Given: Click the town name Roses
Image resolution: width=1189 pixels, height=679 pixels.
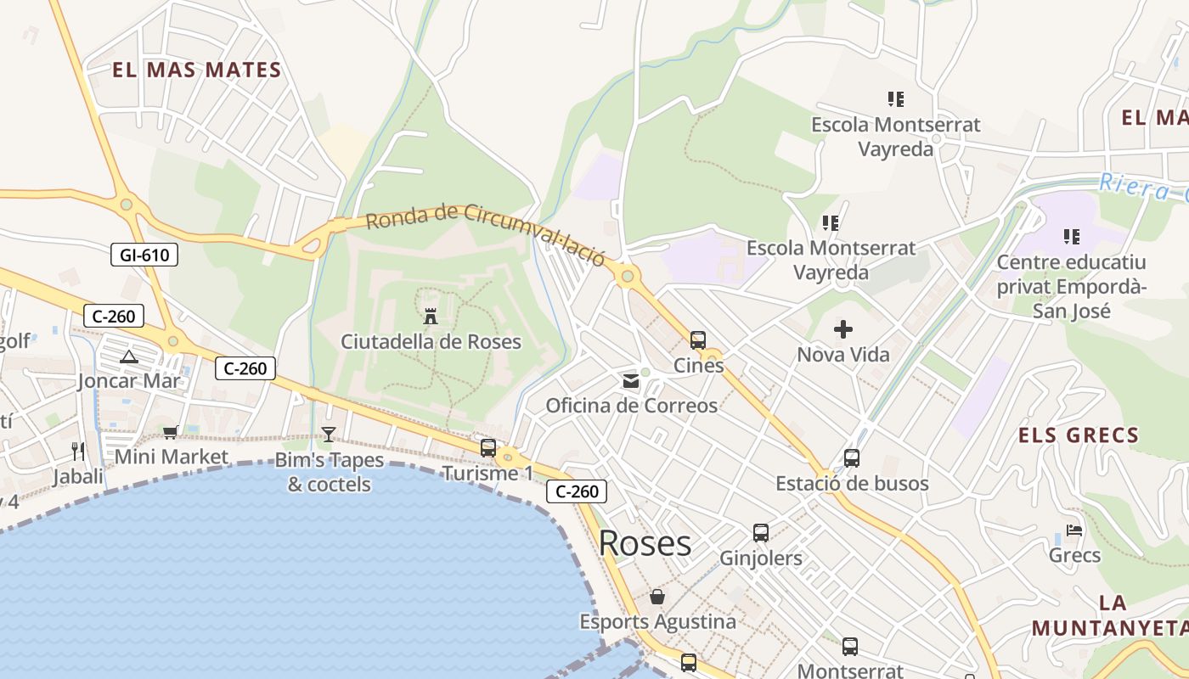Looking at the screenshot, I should coord(645,543).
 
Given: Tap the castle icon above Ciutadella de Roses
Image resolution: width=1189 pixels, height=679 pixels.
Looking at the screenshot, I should coord(431,316).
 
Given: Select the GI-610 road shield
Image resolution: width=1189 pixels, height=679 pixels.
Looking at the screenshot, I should coord(144,254).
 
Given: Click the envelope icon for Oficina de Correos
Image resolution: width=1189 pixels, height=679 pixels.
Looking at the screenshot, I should coord(631,381).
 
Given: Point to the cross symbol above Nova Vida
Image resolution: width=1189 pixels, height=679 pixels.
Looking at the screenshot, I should coord(843,329).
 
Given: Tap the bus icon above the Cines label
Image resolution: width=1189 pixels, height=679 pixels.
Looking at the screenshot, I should coord(698,340).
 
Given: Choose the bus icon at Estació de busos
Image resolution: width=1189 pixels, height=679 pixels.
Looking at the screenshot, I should coord(852,458).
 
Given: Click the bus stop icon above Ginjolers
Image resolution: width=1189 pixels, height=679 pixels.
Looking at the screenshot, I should coord(761,533).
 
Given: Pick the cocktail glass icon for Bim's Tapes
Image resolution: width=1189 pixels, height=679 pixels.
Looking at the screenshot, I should coord(329,435).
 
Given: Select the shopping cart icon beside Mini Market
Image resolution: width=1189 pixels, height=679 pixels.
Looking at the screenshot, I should coord(170,433).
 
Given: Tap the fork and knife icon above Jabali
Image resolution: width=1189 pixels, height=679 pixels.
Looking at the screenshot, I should coord(78,451).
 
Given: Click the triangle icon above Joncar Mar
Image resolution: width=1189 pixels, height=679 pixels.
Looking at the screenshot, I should coord(128,356).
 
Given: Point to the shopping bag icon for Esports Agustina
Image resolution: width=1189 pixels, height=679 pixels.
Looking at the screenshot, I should coord(657,597).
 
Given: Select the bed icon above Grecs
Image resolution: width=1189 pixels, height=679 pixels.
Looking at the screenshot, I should coord(1074,531).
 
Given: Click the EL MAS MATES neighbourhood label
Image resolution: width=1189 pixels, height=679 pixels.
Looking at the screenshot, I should coord(196,70).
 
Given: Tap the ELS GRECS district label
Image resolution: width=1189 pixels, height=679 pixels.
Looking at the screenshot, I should coord(1079,436).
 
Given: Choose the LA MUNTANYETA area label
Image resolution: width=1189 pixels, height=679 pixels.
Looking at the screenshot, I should coord(1111,616).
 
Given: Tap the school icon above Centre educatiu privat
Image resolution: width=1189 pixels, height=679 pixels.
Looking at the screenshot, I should coord(1072,236).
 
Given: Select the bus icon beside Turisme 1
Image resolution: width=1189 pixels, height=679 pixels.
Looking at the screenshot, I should coord(488,448).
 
